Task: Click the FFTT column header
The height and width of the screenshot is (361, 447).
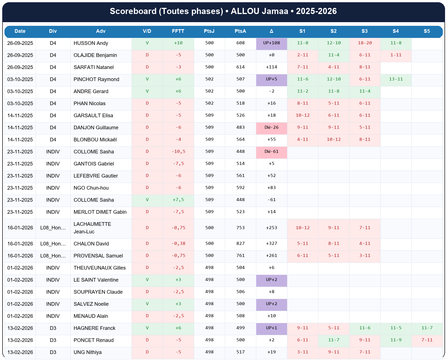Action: [x=178, y=31]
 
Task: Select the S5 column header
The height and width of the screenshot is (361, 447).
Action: [x=427, y=31]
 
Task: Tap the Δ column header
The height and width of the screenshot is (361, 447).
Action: [x=271, y=31]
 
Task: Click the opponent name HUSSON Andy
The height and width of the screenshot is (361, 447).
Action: [x=91, y=43]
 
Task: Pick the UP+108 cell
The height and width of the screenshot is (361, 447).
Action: [x=271, y=43]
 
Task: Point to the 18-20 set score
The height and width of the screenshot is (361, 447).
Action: [x=365, y=43]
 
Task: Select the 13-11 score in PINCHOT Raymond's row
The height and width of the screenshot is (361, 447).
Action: [x=396, y=79]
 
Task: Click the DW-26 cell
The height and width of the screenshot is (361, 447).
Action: [x=271, y=128]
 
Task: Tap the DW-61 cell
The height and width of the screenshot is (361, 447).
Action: [x=271, y=152]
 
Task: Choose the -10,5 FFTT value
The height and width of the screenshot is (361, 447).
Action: [x=178, y=152]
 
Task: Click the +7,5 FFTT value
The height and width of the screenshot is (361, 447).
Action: [x=178, y=200]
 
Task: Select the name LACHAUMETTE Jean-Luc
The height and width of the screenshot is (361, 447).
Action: [x=92, y=228]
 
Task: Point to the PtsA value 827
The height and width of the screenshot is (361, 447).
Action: [x=240, y=243]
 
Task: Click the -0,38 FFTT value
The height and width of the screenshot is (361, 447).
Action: [x=178, y=243]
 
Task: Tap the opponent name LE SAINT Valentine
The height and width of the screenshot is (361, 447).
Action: [x=96, y=280]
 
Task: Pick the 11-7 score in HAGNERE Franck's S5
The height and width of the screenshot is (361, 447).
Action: [x=427, y=328]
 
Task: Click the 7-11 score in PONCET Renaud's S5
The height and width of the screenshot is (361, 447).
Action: [x=427, y=340]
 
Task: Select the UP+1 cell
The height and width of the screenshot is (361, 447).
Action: [x=271, y=328]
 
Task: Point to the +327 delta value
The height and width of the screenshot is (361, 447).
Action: [x=271, y=243]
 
